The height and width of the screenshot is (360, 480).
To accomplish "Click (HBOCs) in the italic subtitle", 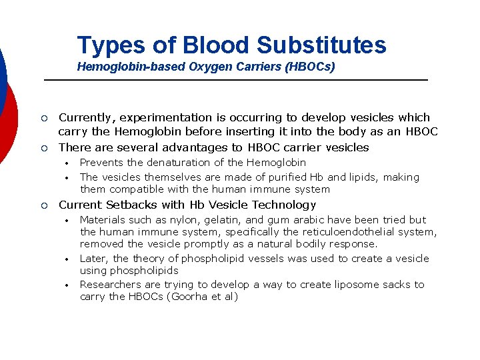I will pyautogui.click(x=311, y=67).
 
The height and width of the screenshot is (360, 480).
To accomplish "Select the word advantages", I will pyautogui.click(x=209, y=147).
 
